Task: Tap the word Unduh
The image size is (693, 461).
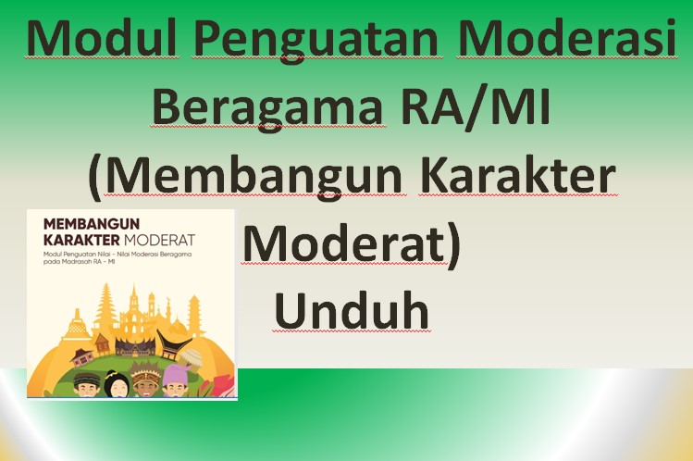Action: click(x=352, y=311)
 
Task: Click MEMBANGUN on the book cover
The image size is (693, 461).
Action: click(x=84, y=225)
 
